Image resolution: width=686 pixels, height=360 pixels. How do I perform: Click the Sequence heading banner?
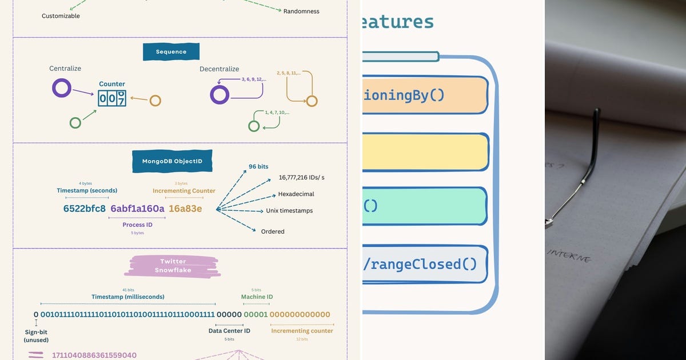tap(171, 52)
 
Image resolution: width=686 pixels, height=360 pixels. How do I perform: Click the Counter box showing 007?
tap(112, 98)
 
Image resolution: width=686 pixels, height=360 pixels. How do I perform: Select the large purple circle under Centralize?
tap(62, 89)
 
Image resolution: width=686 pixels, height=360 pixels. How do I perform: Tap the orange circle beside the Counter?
tap(155, 101)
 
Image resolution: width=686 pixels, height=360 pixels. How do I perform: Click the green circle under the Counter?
tap(75, 122)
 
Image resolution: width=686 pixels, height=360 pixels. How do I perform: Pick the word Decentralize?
tap(219, 69)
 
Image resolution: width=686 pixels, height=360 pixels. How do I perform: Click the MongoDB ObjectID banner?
tap(172, 162)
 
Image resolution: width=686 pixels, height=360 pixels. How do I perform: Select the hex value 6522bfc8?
tap(85, 209)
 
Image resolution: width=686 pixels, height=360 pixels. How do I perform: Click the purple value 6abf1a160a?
tap(137, 209)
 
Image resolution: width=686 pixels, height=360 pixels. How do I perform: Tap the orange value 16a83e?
tap(185, 209)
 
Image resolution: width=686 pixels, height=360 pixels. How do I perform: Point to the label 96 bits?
tap(258, 166)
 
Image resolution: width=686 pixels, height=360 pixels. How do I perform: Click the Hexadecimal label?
tap(296, 194)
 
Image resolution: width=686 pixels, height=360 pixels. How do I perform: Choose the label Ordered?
tap(273, 231)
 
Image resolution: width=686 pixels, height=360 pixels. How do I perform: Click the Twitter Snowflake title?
tap(173, 266)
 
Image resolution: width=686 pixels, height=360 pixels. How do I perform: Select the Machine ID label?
tap(257, 297)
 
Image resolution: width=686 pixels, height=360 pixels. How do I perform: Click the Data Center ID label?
tap(229, 331)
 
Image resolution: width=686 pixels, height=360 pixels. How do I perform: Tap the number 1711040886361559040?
tap(94, 355)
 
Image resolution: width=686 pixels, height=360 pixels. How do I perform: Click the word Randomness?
tap(301, 11)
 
